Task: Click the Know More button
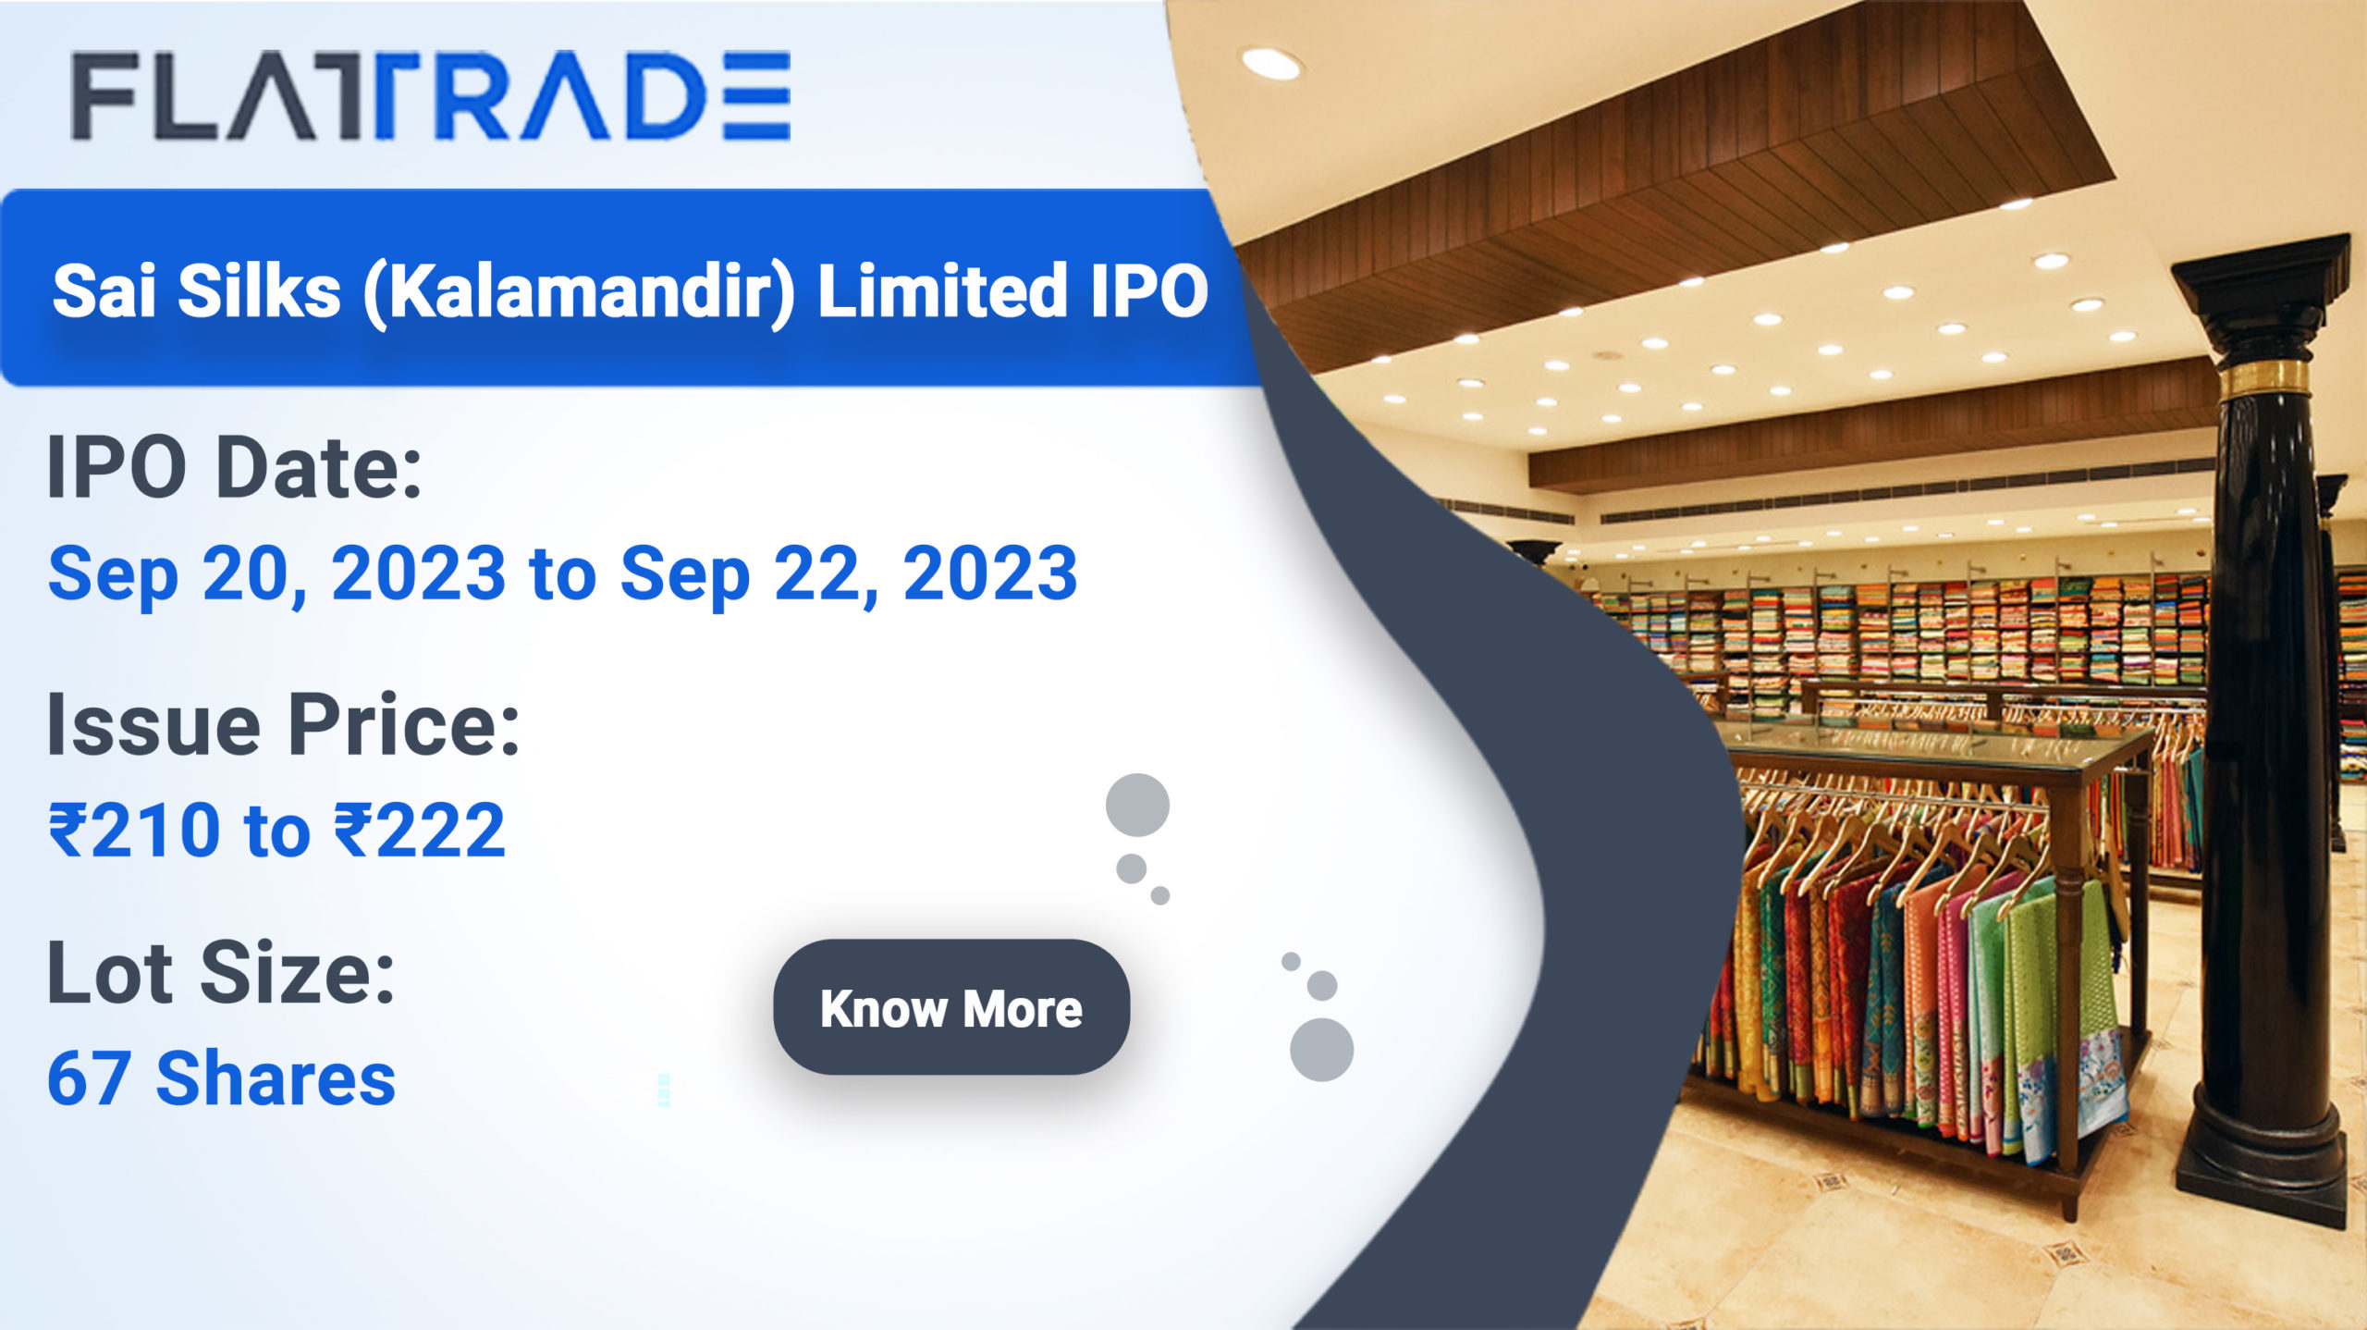click(x=950, y=1007)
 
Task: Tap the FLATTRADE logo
click(x=431, y=96)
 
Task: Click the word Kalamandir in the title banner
click(x=579, y=291)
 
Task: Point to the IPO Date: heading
click(x=235, y=468)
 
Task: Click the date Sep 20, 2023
click(x=277, y=573)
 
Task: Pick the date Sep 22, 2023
click(x=849, y=573)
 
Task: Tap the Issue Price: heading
click(x=283, y=725)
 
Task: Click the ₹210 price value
click(x=134, y=830)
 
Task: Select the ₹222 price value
click(x=419, y=830)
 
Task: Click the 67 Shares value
click(x=221, y=1078)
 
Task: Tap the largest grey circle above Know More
click(x=1137, y=805)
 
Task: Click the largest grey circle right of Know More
click(x=1321, y=1050)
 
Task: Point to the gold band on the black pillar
click(x=2265, y=379)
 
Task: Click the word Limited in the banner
click(x=941, y=291)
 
